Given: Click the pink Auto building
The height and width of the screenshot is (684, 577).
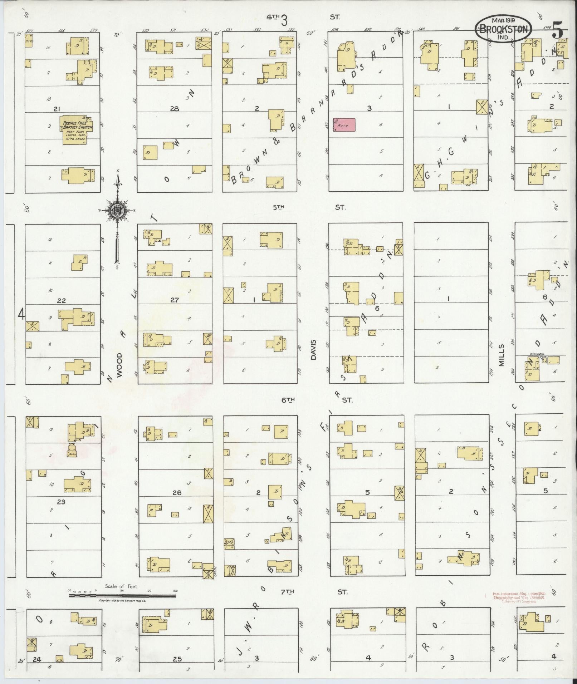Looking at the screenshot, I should pos(344,124).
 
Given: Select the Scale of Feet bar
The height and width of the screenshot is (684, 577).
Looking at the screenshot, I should pos(122,595).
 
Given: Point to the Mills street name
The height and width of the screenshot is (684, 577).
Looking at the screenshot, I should pos(501,355).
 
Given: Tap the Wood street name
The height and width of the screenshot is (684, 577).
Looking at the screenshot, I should pos(119,365).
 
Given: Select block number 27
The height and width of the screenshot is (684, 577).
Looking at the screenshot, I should pos(174,300).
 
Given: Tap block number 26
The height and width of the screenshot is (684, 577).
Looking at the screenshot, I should pos(177,492).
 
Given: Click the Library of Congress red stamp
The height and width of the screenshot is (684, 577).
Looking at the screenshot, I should pos(519,597).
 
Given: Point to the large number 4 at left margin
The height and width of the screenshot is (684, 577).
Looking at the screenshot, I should pos(21,315).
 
